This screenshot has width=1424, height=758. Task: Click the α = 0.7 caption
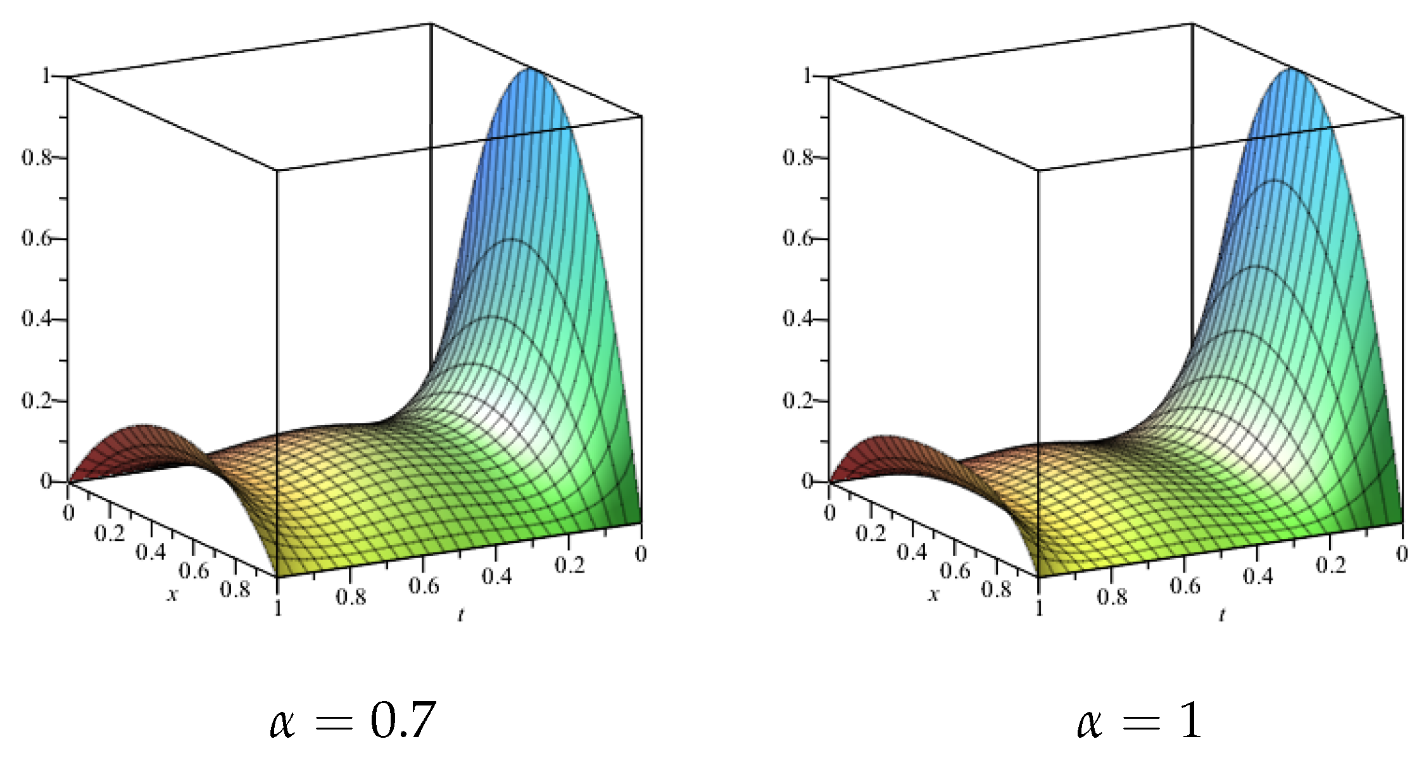pyautogui.click(x=353, y=721)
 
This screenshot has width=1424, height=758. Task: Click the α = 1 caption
pyautogui.click(x=1138, y=721)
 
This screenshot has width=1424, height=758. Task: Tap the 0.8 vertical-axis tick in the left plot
pyautogui.click(x=37, y=157)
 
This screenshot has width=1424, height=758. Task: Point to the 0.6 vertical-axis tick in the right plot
pyautogui.click(x=798, y=238)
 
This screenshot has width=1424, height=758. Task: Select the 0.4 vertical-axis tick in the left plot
pyautogui.click(x=37, y=318)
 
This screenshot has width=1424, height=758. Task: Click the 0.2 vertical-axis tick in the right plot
pyautogui.click(x=798, y=400)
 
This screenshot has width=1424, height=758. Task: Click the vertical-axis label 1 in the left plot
pyautogui.click(x=46, y=76)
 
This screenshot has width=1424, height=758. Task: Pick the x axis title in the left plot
pyautogui.click(x=172, y=594)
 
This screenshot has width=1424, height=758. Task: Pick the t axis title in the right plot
pyautogui.click(x=1222, y=614)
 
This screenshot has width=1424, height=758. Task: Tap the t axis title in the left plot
pyautogui.click(x=461, y=614)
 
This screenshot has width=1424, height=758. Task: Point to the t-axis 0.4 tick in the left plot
pyautogui.click(x=496, y=576)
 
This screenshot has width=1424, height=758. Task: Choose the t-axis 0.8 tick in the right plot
pyautogui.click(x=1112, y=597)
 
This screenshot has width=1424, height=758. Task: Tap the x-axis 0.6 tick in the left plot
pyautogui.click(x=193, y=571)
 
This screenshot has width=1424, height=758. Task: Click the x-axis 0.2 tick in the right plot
pyautogui.click(x=871, y=533)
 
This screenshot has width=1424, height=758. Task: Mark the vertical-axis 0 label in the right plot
pyautogui.click(x=807, y=482)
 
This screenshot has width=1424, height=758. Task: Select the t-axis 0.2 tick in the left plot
pyautogui.click(x=569, y=564)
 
